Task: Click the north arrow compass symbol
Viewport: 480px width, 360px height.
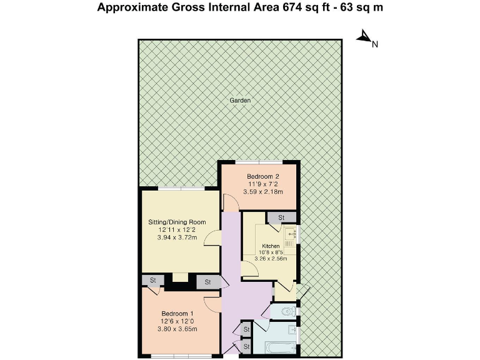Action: click(x=364, y=38)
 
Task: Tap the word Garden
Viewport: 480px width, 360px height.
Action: click(x=240, y=100)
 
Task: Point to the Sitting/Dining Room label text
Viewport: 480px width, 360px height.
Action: click(x=177, y=222)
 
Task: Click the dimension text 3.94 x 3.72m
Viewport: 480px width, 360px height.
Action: click(x=177, y=237)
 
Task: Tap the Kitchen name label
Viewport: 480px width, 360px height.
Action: click(x=271, y=246)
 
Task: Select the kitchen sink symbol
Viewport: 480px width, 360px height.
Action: click(x=291, y=234)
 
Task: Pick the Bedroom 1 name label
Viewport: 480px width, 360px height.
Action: click(x=177, y=313)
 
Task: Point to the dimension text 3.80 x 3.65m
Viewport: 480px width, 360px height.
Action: click(x=177, y=329)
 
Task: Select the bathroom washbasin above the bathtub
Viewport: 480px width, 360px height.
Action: click(x=291, y=329)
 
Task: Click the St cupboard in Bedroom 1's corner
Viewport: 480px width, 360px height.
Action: click(x=151, y=281)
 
